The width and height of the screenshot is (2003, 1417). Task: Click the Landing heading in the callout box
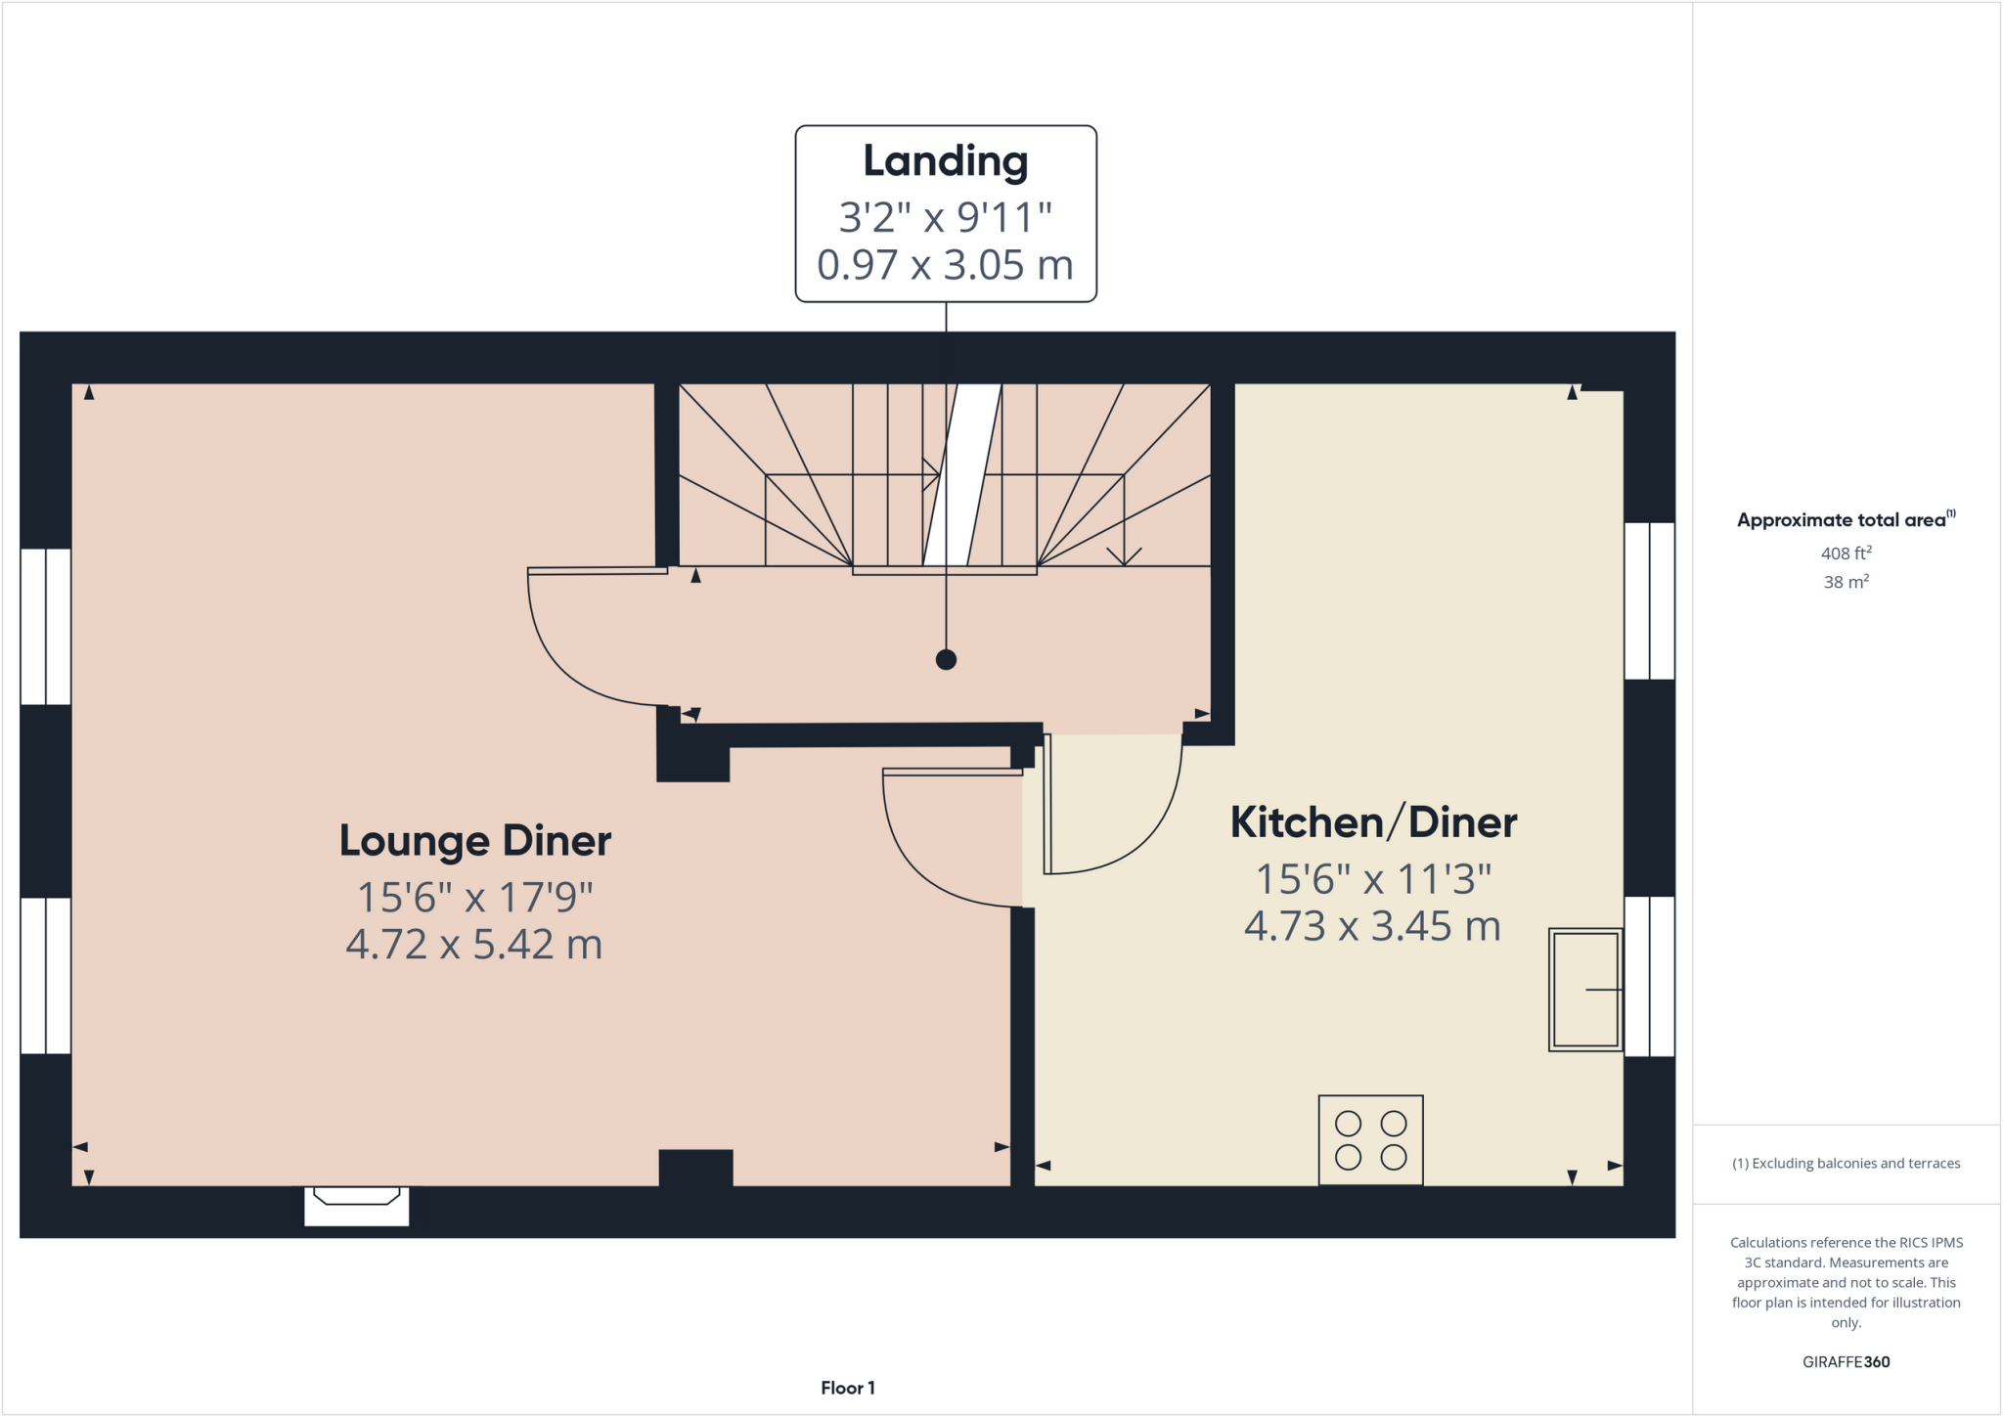[945, 161]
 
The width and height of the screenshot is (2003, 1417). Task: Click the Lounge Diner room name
[475, 841]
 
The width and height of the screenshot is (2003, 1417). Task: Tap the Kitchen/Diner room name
[1373, 822]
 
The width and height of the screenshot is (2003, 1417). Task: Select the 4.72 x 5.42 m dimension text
[474, 945]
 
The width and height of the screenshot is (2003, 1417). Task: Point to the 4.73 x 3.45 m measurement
[1372, 926]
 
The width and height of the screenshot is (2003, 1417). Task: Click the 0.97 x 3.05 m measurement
[945, 265]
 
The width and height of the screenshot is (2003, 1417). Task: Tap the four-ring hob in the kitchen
[1370, 1140]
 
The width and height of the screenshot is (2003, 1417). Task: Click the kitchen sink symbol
[1584, 990]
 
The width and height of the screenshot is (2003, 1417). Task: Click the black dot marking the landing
[946, 660]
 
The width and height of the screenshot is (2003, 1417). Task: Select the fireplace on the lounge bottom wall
[356, 1205]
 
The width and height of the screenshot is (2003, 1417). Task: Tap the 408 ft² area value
[1846, 554]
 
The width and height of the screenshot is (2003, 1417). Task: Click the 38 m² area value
[1846, 582]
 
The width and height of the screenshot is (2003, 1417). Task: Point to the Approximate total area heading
[1845, 520]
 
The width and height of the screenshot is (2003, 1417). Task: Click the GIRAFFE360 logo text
[1846, 1362]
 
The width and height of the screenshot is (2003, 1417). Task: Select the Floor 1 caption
[847, 1388]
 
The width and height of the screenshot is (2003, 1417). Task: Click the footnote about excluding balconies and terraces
[1846, 1164]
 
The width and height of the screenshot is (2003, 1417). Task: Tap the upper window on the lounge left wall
[46, 627]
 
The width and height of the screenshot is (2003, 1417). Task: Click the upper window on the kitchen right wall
[1649, 600]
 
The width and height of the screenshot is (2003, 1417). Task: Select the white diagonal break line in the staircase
[962, 475]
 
